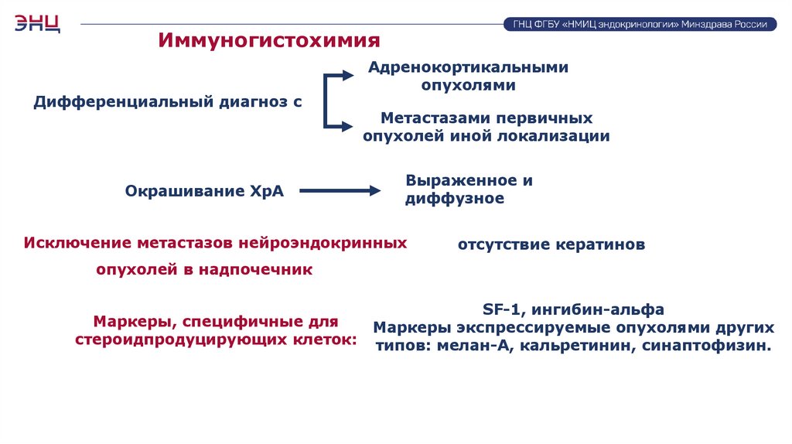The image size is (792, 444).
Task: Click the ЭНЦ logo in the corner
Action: [37, 22]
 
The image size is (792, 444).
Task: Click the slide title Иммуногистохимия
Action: [270, 40]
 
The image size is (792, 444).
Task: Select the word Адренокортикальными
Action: [469, 67]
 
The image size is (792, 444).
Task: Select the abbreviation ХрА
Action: [266, 191]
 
